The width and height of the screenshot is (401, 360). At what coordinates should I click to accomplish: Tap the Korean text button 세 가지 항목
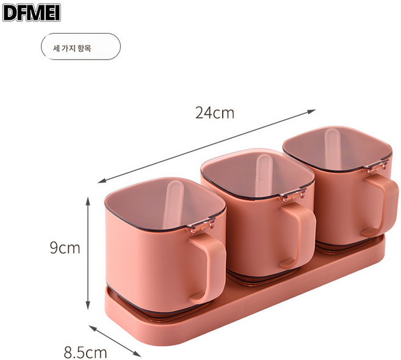pyautogui.click(x=81, y=46)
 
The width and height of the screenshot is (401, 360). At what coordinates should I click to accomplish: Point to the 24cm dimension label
pyautogui.click(x=215, y=112)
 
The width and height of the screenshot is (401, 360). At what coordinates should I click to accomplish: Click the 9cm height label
pyautogui.click(x=65, y=248)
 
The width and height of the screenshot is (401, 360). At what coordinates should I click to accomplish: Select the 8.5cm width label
pyautogui.click(x=85, y=352)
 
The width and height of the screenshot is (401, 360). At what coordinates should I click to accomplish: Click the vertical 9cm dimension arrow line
pyautogui.click(x=89, y=251)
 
